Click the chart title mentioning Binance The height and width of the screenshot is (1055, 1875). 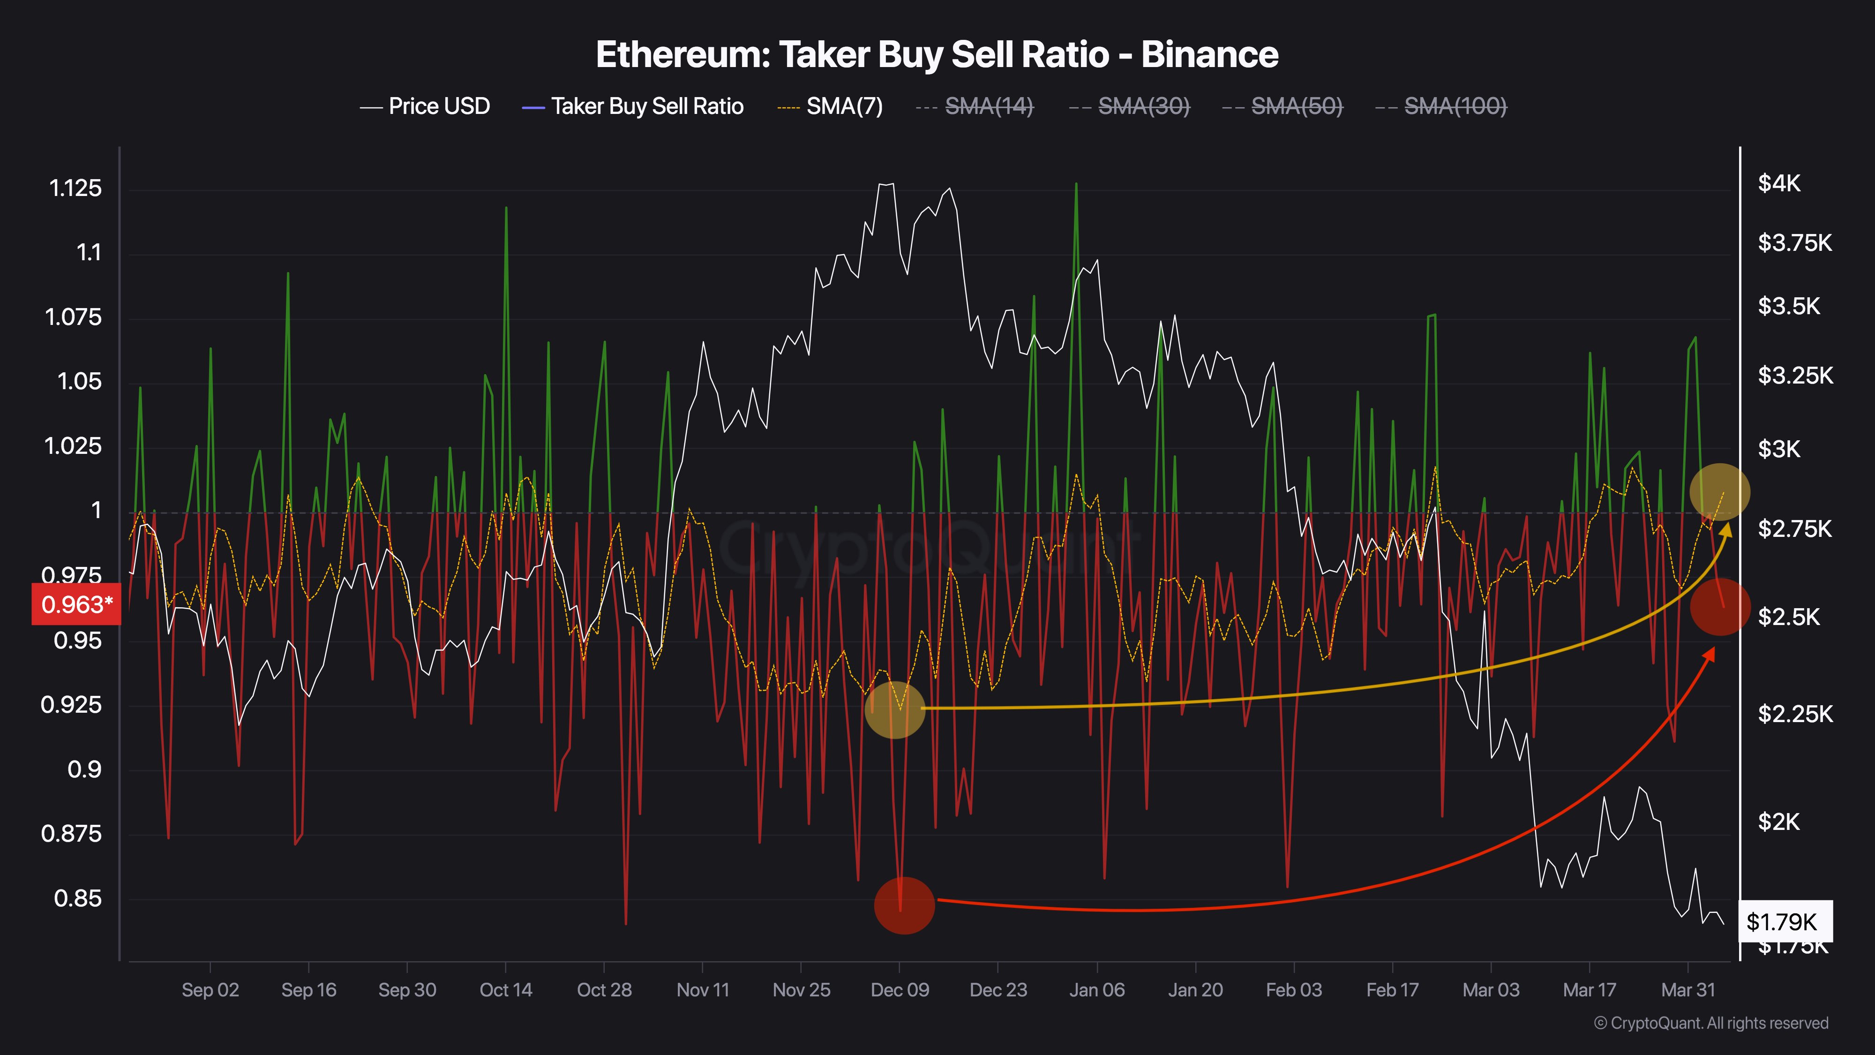(x=937, y=54)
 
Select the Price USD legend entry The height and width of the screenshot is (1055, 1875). (x=426, y=106)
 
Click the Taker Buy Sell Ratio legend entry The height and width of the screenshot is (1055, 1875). (x=633, y=106)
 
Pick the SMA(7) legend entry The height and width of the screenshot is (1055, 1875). (x=831, y=106)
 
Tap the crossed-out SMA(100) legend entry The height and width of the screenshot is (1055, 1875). (x=1441, y=106)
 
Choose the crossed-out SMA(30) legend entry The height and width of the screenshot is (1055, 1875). (x=1130, y=106)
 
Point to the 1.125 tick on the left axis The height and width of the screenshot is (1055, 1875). (x=75, y=188)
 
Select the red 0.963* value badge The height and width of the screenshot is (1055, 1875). (x=75, y=604)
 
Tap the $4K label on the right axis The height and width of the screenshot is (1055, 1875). (x=1779, y=183)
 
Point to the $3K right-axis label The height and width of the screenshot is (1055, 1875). (x=1779, y=449)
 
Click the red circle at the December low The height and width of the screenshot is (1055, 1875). (x=903, y=905)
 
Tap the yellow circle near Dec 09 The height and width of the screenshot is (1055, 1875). (x=894, y=710)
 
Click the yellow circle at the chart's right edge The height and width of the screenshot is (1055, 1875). (x=1719, y=492)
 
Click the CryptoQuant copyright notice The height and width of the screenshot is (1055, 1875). (x=1710, y=1023)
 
